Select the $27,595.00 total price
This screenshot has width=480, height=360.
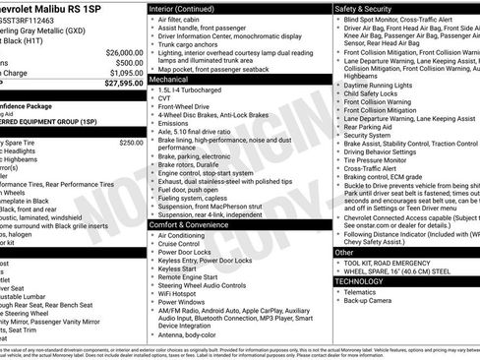tap(121, 84)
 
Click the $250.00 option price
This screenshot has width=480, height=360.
tap(131, 143)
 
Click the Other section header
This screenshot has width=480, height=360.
tap(344, 253)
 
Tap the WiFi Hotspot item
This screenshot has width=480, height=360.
tap(183, 293)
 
